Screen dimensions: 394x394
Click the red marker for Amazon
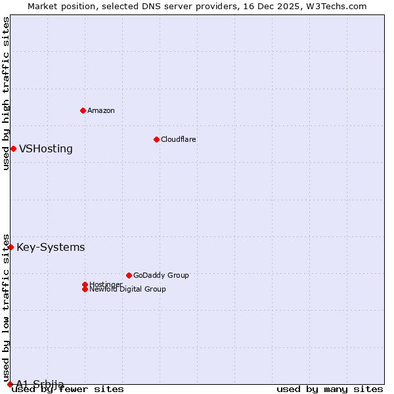click(83, 110)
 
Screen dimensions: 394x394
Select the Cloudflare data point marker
click(156, 139)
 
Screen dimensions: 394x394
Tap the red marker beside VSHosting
click(13, 148)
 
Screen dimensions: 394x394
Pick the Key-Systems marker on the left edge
click(11, 247)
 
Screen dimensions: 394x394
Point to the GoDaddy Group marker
click(129, 275)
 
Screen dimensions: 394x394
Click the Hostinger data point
click(85, 284)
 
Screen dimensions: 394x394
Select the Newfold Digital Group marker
click(85, 289)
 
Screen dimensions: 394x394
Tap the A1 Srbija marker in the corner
click(10, 384)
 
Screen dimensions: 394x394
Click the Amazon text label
click(101, 110)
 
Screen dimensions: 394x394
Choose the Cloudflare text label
click(179, 139)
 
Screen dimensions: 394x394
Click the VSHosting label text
click(46, 148)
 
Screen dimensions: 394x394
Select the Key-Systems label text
click(51, 247)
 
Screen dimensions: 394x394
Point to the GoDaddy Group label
click(161, 275)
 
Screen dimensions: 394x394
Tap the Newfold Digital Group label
click(128, 289)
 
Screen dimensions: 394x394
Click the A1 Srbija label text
click(40, 384)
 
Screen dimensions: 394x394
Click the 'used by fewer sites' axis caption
click(68, 389)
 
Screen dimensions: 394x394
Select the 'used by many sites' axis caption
click(330, 389)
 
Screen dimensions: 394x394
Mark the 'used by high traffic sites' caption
click(6, 93)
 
